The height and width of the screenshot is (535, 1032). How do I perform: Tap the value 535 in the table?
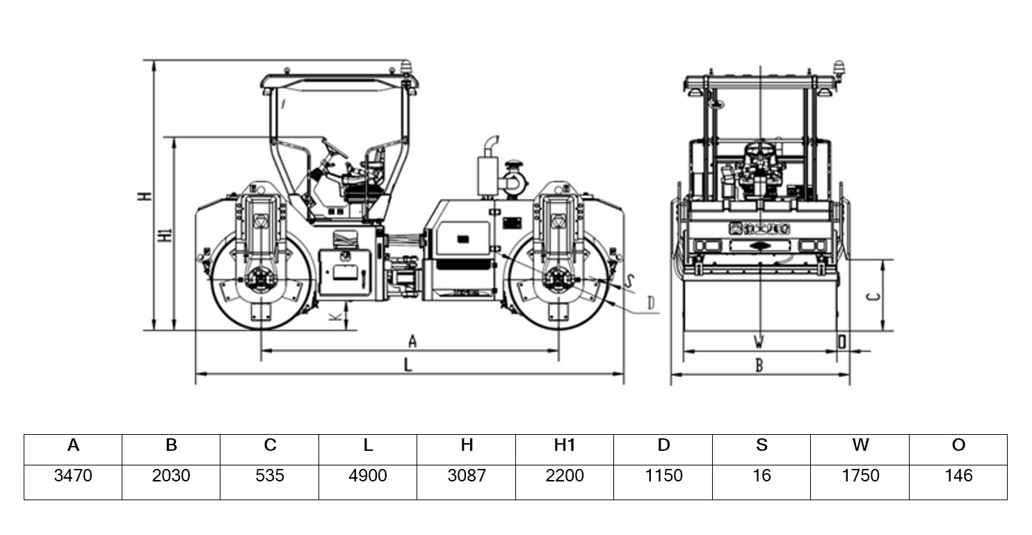pos(270,476)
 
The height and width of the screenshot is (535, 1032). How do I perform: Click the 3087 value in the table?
pos(466,476)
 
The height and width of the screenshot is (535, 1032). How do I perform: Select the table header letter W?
pos(860,445)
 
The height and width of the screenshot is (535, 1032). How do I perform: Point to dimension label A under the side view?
pos(412,342)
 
